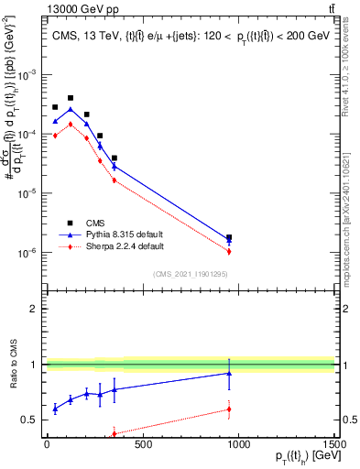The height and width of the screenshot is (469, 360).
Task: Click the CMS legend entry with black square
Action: pyautogui.click(x=96, y=223)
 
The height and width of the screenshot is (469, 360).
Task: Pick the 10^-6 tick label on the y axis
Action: pyautogui.click(x=27, y=253)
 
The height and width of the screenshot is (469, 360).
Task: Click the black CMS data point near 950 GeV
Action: pyautogui.click(x=229, y=237)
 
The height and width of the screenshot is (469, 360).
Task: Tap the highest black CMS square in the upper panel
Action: pyautogui.click(x=71, y=97)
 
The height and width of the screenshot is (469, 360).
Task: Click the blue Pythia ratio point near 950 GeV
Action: pyautogui.click(x=229, y=373)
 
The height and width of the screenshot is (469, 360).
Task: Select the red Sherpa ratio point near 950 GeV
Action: pyautogui.click(x=229, y=409)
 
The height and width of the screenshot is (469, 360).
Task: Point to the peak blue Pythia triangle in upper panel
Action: pyautogui.click(x=71, y=109)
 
